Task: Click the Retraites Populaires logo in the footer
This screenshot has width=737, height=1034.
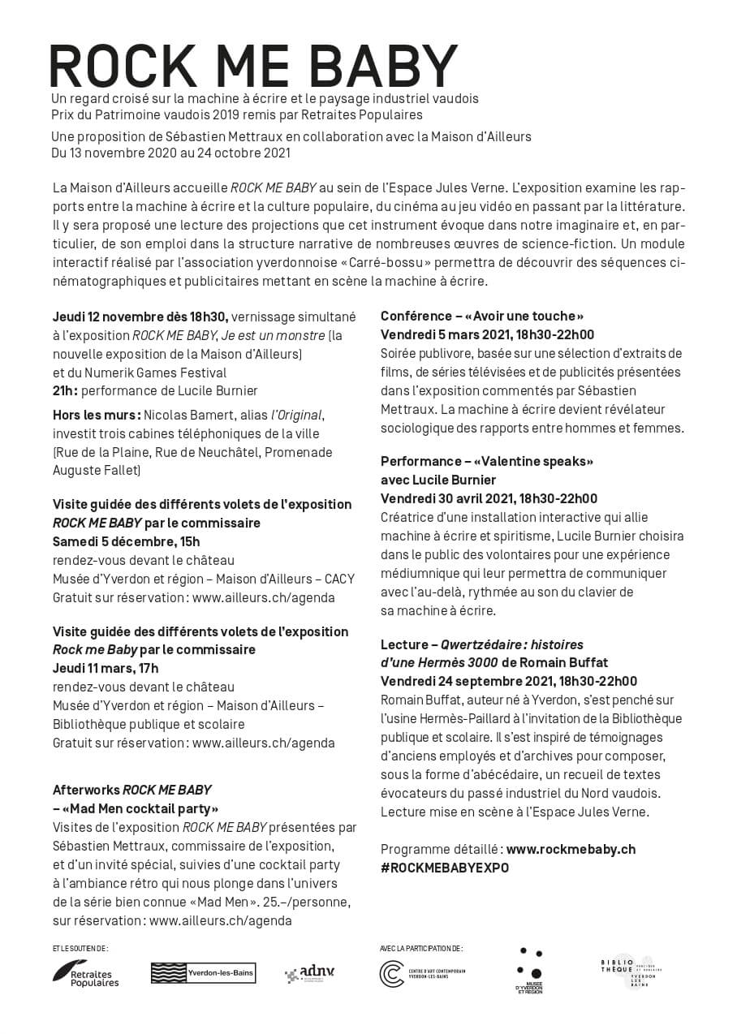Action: click(x=86, y=972)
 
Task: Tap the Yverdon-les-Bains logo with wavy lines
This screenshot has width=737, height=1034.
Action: click(x=203, y=972)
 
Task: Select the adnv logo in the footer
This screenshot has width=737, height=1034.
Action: click(x=309, y=973)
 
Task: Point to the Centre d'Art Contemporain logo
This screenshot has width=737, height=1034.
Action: click(x=422, y=973)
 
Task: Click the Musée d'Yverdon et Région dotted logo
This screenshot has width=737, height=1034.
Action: click(x=529, y=971)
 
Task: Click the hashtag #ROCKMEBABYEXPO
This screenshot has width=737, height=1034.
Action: click(x=445, y=868)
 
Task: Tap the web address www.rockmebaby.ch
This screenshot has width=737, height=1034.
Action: click(x=571, y=849)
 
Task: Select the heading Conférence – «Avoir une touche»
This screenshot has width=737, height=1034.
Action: click(x=482, y=316)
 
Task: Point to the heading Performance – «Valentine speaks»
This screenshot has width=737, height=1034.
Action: click(x=487, y=461)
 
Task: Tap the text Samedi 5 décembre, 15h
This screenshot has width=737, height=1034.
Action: click(x=126, y=541)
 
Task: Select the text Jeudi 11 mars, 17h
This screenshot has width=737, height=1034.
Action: click(x=106, y=668)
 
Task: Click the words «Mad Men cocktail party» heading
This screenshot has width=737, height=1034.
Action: click(x=136, y=808)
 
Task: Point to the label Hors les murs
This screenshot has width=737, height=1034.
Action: click(x=97, y=416)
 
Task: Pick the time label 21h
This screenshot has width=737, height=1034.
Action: click(x=65, y=390)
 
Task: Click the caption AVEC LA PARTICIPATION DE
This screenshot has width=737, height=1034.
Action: click(x=420, y=948)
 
